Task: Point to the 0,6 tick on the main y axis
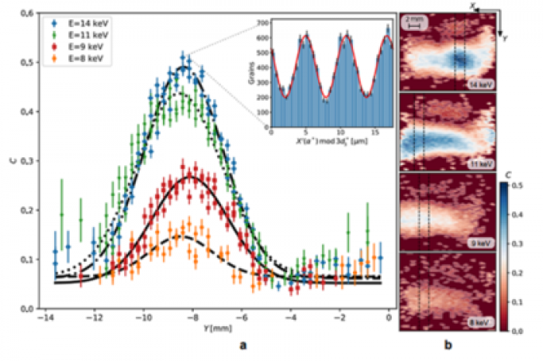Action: pyautogui.click(x=26, y=13)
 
